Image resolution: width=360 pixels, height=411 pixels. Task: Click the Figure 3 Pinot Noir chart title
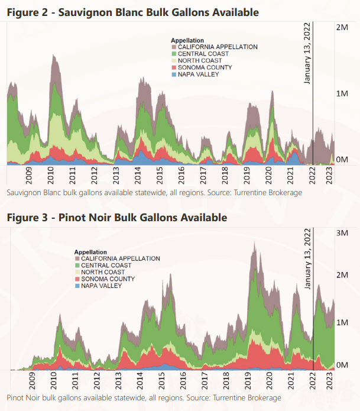(x=117, y=218)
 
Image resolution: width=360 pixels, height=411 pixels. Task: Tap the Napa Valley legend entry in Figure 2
(x=199, y=75)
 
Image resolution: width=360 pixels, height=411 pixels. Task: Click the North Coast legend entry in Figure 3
(x=106, y=272)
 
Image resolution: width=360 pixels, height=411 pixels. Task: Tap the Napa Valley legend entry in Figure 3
(x=101, y=286)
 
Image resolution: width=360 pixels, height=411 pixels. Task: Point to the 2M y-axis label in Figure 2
(x=342, y=28)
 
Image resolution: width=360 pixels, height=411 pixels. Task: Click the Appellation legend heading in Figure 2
(x=187, y=40)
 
